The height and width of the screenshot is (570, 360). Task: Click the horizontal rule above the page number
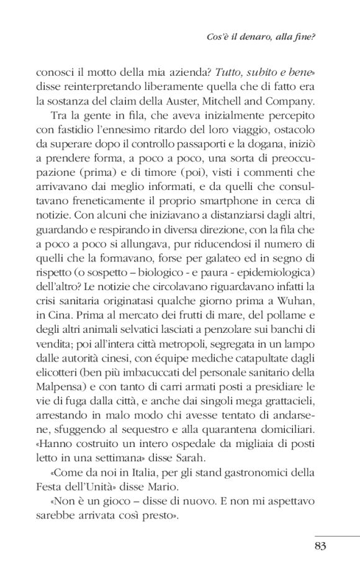(338, 535)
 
